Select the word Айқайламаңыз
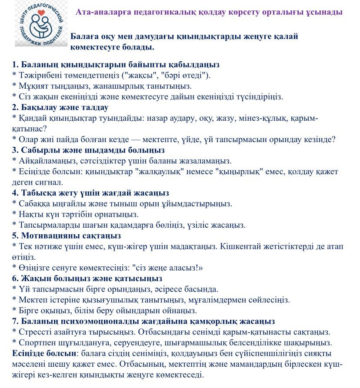click(44, 161)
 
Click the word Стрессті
click(34, 332)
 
